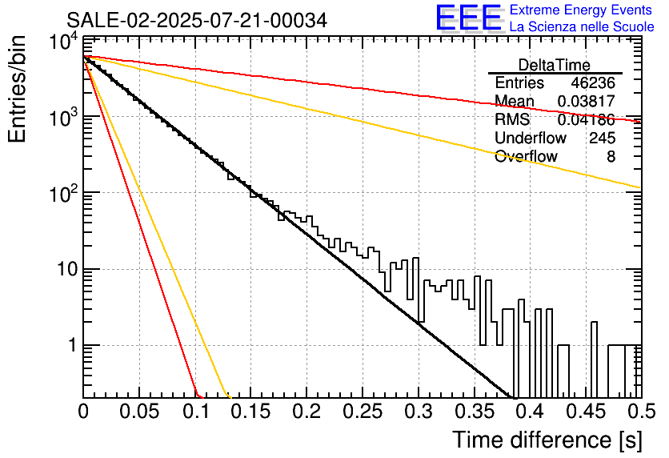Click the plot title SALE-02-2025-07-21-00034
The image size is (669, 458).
(197, 20)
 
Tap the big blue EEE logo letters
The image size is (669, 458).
(468, 18)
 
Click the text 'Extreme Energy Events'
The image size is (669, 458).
(581, 10)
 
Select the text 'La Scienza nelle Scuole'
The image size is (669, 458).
(582, 26)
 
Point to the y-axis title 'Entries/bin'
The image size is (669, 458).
(17, 89)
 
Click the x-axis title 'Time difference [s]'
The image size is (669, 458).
(547, 440)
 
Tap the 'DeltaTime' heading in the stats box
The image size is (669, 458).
(554, 65)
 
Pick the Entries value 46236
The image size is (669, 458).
(593, 82)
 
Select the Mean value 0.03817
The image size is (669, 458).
(587, 101)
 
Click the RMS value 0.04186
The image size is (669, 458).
(587, 119)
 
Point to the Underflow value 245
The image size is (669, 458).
(602, 138)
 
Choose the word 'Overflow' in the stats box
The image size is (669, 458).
(526, 156)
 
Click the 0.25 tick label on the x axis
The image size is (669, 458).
(363, 412)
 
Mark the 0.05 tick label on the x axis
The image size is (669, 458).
(138, 412)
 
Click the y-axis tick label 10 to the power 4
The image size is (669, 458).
(64, 42)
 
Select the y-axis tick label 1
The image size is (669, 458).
(72, 345)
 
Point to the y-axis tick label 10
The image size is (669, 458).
(67, 269)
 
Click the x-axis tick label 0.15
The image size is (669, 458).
(250, 412)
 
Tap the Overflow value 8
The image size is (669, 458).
(611, 156)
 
